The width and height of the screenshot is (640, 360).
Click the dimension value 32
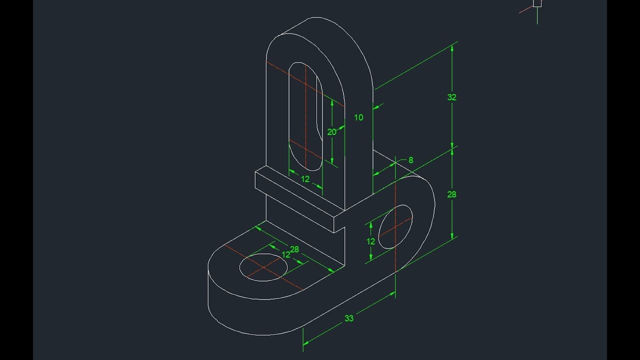click(x=452, y=97)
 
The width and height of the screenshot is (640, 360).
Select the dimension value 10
click(x=358, y=117)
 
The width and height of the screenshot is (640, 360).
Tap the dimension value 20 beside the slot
click(x=331, y=132)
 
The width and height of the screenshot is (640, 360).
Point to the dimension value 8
click(x=411, y=160)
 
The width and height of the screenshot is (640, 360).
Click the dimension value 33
click(x=349, y=318)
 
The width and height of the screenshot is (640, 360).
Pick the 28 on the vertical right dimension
click(x=452, y=194)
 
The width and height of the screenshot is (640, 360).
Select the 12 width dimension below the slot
click(x=305, y=179)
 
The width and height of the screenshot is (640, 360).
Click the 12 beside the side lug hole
click(x=370, y=241)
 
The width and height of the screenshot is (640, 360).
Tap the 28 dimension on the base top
click(x=294, y=249)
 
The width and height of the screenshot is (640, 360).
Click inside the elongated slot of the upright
click(x=300, y=115)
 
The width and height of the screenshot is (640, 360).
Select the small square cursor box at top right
click(x=537, y=3)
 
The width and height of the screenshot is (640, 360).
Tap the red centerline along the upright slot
click(x=304, y=100)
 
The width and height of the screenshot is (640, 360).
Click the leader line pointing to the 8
click(x=402, y=160)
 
